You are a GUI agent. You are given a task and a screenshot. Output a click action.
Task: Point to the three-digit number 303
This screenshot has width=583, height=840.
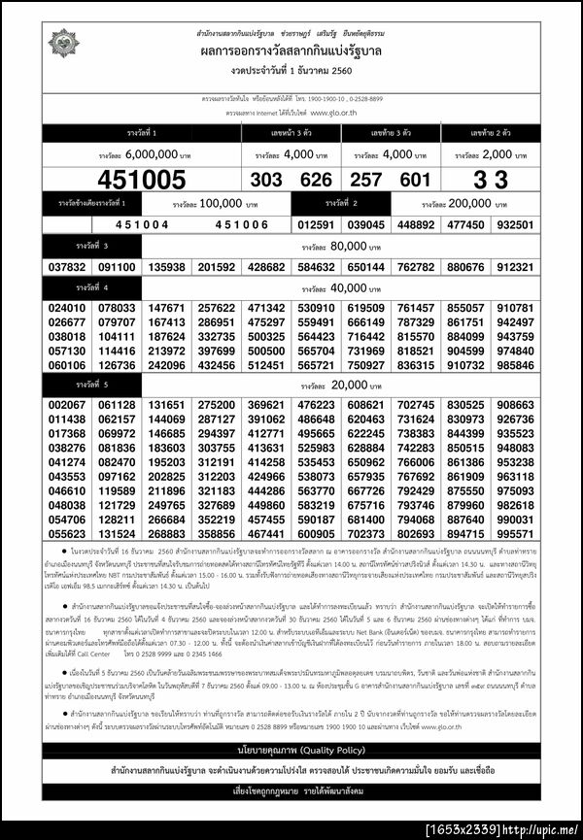(x=266, y=180)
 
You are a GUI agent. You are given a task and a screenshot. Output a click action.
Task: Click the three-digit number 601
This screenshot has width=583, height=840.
(x=414, y=180)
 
